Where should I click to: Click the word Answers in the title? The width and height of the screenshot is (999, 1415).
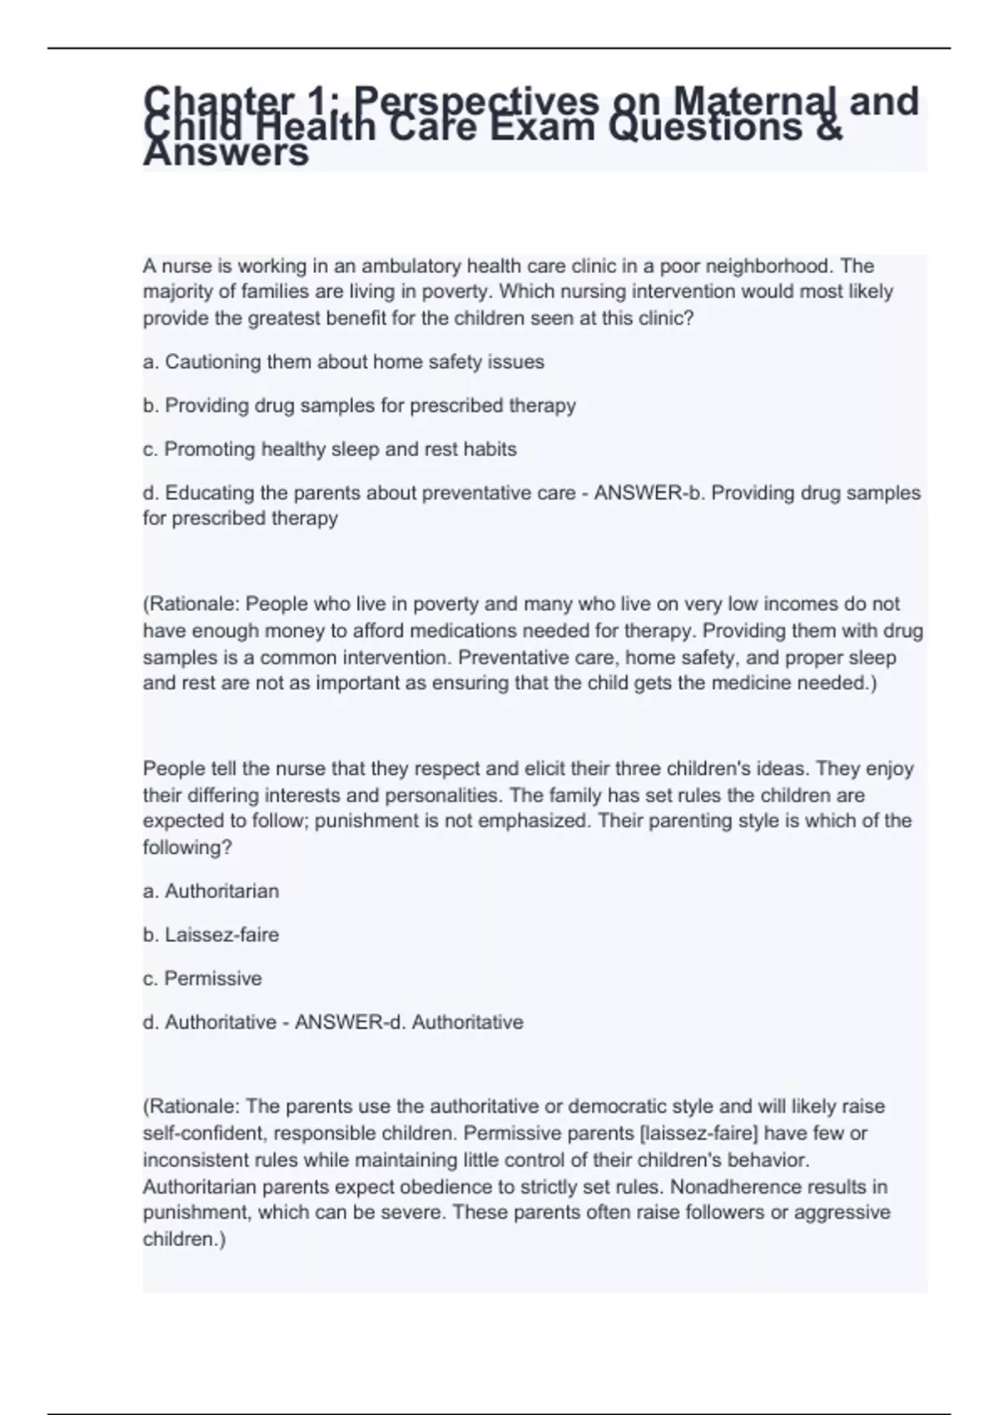click(226, 154)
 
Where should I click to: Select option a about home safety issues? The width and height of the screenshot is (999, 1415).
click(343, 362)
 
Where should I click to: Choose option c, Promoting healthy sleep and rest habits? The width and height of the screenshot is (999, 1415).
click(330, 449)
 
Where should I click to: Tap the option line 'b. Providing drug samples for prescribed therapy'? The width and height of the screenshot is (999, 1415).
click(359, 405)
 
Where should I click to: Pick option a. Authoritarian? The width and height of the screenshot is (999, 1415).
click(211, 891)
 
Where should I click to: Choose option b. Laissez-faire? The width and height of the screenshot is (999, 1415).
click(211, 935)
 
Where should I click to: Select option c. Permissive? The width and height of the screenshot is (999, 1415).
click(202, 979)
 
